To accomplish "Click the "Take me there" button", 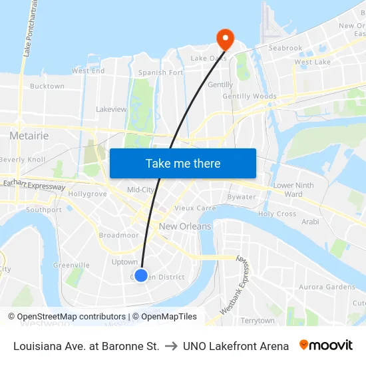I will [183, 163].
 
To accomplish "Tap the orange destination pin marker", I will [226, 39].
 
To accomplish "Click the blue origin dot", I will [141, 275].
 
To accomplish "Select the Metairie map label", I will [29, 136].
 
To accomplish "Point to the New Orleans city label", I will [185, 226].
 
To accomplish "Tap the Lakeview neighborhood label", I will [111, 108].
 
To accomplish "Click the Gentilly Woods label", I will [250, 96].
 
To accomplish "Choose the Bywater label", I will [242, 197].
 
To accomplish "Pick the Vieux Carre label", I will [195, 208].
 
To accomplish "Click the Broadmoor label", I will [118, 236].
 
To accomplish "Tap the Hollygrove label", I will [87, 194].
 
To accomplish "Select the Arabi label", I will [310, 222].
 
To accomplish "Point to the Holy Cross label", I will [277, 214].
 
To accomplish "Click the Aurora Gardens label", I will [327, 287].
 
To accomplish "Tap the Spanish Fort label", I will [160, 73].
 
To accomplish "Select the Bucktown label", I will [47, 86].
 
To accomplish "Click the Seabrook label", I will [285, 48].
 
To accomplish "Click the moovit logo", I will [326, 345].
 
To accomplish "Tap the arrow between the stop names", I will [171, 346].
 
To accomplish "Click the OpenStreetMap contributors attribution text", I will [71, 317].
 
